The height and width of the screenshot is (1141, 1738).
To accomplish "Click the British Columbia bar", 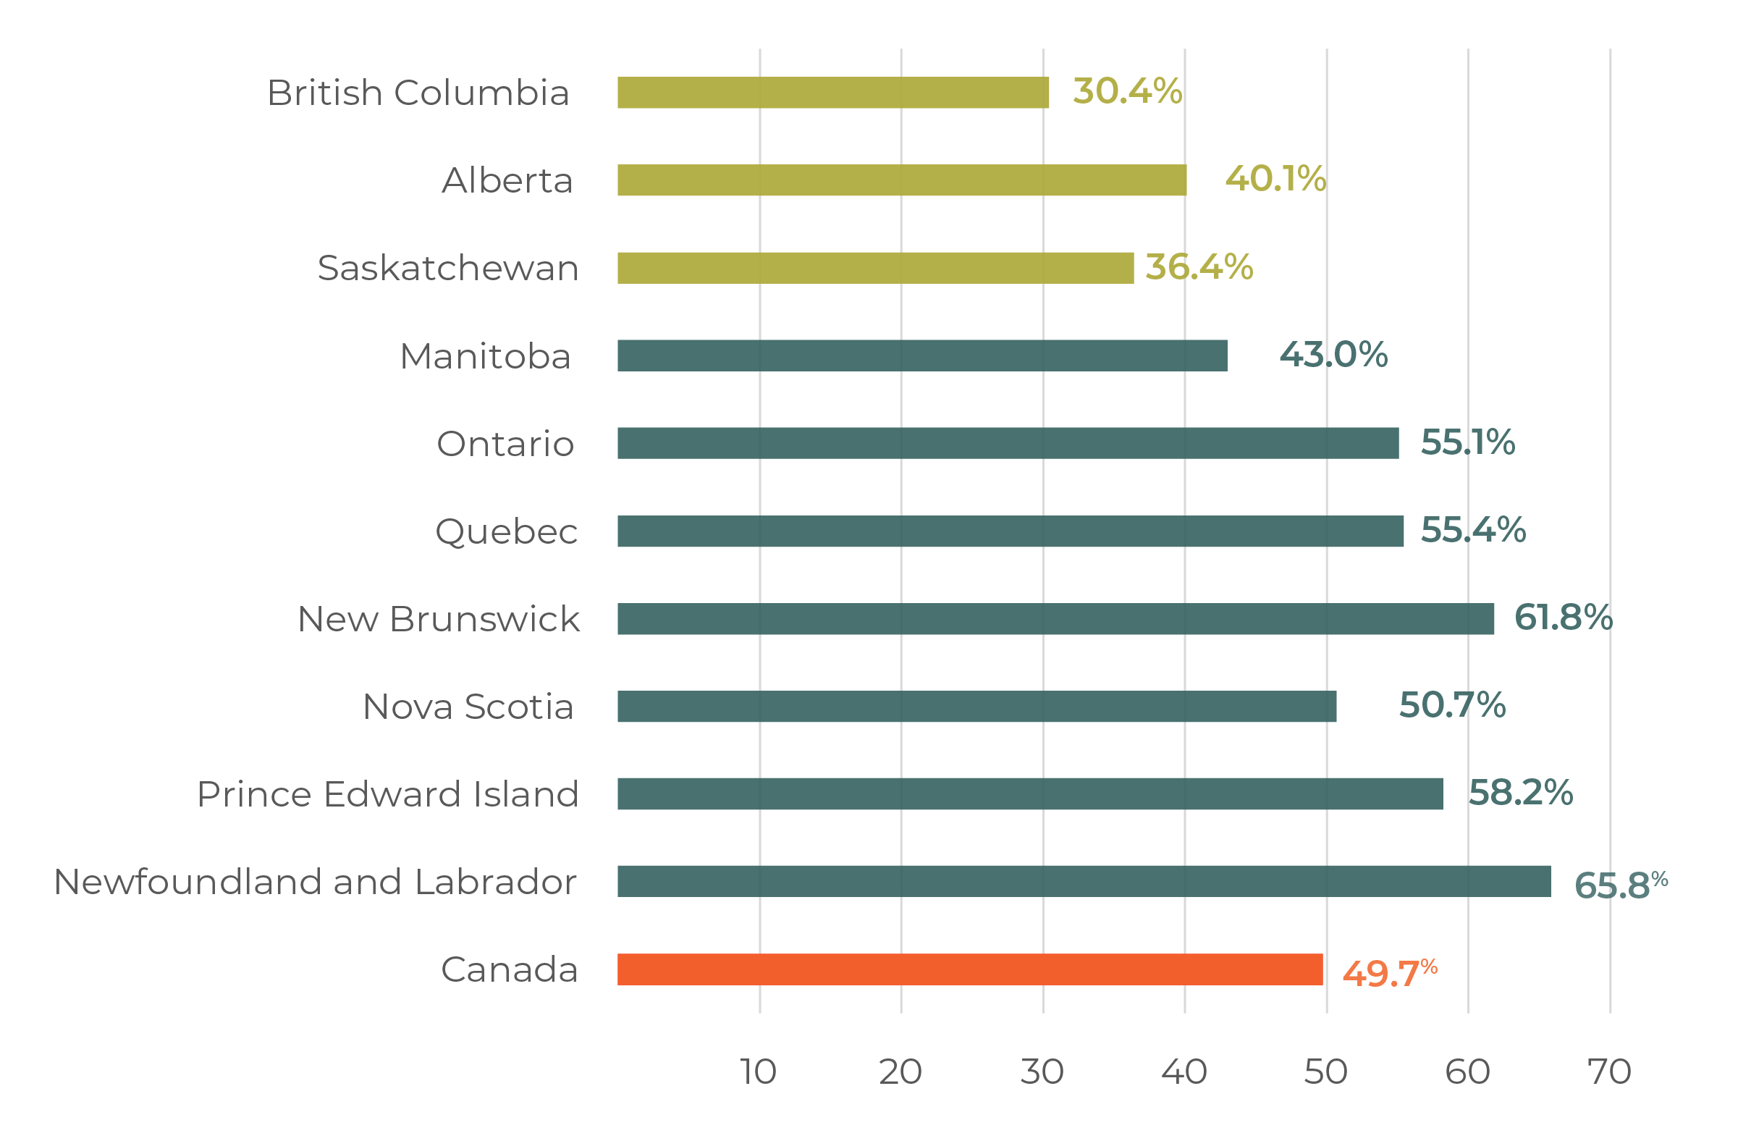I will (x=832, y=93).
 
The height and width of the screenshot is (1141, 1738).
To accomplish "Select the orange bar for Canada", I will (x=969, y=969).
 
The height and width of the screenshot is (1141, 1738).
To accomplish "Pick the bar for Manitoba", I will (x=921, y=355).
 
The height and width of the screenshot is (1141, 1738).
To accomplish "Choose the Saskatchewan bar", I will (x=875, y=268).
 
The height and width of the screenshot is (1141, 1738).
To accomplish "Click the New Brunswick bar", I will (x=1055, y=619).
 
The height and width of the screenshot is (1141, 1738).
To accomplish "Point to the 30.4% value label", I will (x=1127, y=91).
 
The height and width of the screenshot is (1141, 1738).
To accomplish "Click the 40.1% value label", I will (x=1275, y=179).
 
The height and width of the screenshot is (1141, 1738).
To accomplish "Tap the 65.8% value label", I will (x=1621, y=885).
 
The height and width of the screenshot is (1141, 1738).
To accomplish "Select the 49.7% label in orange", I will (x=1390, y=972).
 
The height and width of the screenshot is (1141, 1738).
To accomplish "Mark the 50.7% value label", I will (x=1452, y=705).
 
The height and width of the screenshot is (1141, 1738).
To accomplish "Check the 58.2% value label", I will (x=1520, y=793).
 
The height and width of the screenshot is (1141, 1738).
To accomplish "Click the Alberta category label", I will (x=507, y=180).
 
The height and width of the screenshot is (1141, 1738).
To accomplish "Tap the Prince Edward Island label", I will (x=388, y=794).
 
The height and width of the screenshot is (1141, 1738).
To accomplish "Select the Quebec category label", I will (x=506, y=532).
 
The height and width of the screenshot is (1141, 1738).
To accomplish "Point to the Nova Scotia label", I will (x=468, y=707).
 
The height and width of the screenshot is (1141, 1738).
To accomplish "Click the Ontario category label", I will (x=505, y=443).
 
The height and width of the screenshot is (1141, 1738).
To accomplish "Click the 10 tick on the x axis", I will (x=759, y=1071).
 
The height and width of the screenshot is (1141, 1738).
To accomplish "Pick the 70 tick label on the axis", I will (x=1609, y=1071).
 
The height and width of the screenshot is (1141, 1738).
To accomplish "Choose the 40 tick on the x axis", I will (x=1184, y=1071).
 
